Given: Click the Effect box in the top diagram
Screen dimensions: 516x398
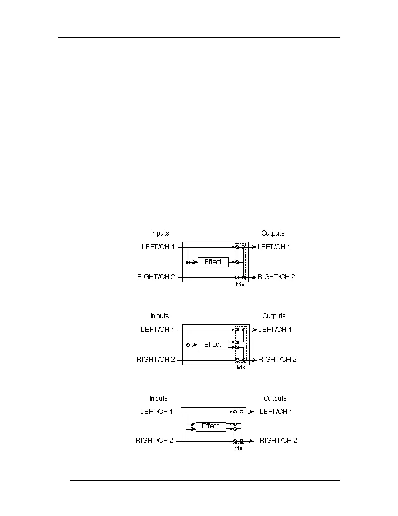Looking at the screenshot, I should point(213,262).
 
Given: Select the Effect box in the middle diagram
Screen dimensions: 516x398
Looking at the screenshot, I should point(213,345).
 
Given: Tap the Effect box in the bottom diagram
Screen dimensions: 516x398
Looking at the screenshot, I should point(211,426).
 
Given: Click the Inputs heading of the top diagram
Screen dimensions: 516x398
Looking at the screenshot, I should point(160,233).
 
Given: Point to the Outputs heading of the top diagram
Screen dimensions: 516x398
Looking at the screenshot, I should point(273,233).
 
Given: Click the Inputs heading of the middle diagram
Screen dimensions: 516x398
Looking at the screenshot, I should point(160,316).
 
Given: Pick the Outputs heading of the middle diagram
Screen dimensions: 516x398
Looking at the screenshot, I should point(274,316).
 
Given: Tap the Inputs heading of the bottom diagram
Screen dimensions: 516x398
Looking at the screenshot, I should point(159,398).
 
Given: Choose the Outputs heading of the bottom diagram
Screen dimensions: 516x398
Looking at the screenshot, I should point(275,398).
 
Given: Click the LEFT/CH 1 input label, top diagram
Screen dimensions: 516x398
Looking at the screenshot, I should point(158,247).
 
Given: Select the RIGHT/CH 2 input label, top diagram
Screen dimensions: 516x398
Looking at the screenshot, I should point(156,277).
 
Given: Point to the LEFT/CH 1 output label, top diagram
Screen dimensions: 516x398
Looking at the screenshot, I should point(274,247).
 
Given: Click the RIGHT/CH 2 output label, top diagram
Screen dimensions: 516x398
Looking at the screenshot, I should point(276,277).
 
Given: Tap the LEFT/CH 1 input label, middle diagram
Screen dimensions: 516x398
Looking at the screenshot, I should point(158,330).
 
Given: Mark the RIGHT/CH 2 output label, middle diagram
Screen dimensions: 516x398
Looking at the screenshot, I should point(277,360).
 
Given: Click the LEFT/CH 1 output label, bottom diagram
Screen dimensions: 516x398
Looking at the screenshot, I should point(276,412).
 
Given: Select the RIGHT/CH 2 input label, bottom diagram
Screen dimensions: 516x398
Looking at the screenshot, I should point(155,441).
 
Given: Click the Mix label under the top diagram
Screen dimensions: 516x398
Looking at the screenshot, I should point(240,285).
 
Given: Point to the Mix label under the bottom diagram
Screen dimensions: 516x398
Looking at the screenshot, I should point(238,449).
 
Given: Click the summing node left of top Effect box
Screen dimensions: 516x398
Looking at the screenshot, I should point(188,262).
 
